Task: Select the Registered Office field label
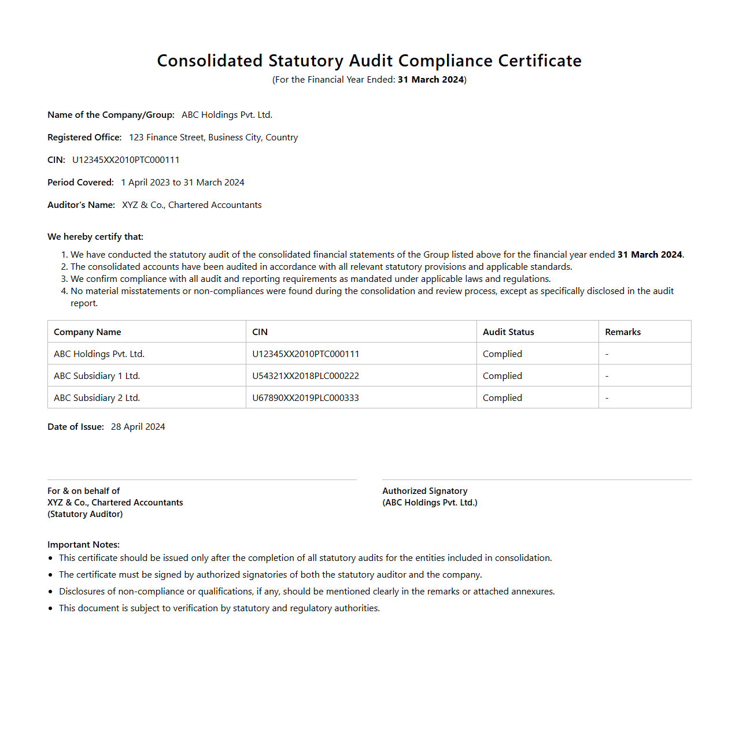pyautogui.click(x=84, y=137)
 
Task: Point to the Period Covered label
pyautogui.click(x=80, y=183)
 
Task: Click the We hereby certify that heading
pyautogui.click(x=95, y=237)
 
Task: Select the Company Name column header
pyautogui.click(x=87, y=332)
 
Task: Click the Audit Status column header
pyautogui.click(x=508, y=332)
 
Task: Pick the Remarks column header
pyautogui.click(x=623, y=332)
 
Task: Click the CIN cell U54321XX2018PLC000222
pyautogui.click(x=305, y=376)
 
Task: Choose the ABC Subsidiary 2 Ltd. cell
pyautogui.click(x=97, y=398)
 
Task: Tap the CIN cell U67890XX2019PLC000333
pyautogui.click(x=305, y=398)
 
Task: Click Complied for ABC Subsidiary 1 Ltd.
pyautogui.click(x=502, y=376)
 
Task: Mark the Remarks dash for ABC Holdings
pyautogui.click(x=607, y=354)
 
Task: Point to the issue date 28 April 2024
pyautogui.click(x=138, y=427)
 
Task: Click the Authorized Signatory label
pyautogui.click(x=424, y=491)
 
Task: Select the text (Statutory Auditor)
pyautogui.click(x=85, y=514)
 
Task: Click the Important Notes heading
pyautogui.click(x=83, y=545)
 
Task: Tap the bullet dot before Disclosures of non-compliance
pyautogui.click(x=50, y=592)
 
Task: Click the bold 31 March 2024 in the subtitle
pyautogui.click(x=431, y=80)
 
